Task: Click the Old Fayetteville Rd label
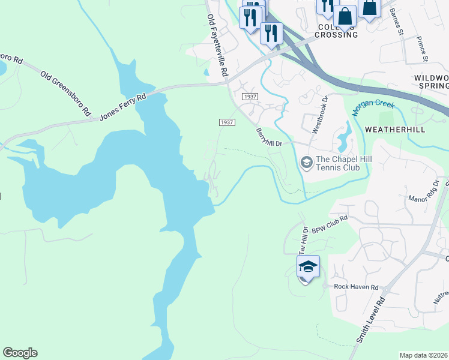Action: click(x=217, y=45)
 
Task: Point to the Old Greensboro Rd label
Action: click(x=65, y=94)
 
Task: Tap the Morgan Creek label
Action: click(x=373, y=107)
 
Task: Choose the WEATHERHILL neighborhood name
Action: click(x=394, y=130)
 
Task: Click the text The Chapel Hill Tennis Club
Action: click(x=337, y=163)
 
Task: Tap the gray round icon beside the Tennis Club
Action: click(x=306, y=163)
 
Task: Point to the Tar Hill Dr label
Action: click(x=303, y=241)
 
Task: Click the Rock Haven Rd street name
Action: click(x=357, y=287)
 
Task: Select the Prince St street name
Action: click(x=422, y=49)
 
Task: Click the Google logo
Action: click(x=20, y=353)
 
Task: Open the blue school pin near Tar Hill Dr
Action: click(x=307, y=268)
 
